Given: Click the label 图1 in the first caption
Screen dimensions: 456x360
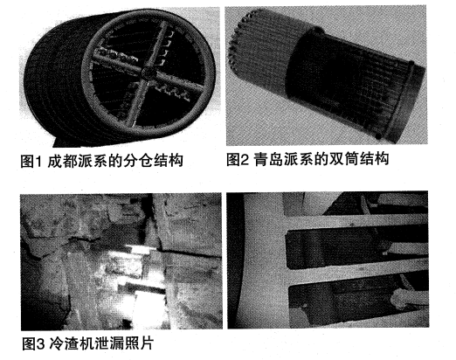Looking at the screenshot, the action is pos(31,161).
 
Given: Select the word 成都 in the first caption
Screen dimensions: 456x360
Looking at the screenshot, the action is pos(62,161).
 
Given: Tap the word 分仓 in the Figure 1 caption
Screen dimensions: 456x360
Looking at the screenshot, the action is pos(138,161).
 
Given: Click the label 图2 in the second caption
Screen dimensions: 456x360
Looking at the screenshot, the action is pos(238,159).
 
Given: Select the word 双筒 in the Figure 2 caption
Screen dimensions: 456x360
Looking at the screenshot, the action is pos(343,159).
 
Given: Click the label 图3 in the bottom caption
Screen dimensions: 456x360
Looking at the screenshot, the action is pos(33,344).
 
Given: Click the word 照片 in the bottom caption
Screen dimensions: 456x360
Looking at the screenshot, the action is pos(139,344).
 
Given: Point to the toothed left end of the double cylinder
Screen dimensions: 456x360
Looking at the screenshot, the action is pos(233,41).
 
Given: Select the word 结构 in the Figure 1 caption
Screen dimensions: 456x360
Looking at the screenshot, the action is pos(168,161).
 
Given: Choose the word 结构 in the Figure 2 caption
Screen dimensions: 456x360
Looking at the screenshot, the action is pos(374,159).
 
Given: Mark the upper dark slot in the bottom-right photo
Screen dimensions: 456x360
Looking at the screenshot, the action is pos(356,249).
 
